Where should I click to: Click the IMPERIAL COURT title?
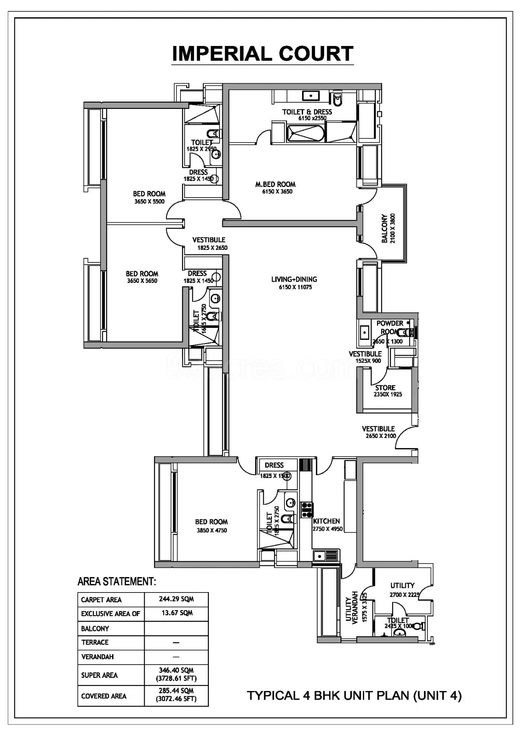pyautogui.click(x=263, y=54)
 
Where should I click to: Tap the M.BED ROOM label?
pyautogui.click(x=275, y=184)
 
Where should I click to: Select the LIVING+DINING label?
pyautogui.click(x=294, y=280)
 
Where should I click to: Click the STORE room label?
pyautogui.click(x=385, y=388)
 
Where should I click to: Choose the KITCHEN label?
pyautogui.click(x=326, y=521)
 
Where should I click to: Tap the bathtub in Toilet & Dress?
pyautogui.click(x=305, y=133)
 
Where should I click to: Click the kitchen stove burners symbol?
pyautogui.click(x=307, y=510)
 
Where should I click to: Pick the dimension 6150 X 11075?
pyautogui.click(x=295, y=287)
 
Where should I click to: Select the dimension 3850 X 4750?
pyautogui.click(x=211, y=531)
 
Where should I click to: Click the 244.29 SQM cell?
pyautogui.click(x=176, y=599)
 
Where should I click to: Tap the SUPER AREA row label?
pyautogui.click(x=99, y=675)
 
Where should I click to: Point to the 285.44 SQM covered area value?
pyautogui.click(x=176, y=691)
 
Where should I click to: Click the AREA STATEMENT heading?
pyautogui.click(x=117, y=582)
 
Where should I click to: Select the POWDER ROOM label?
pyautogui.click(x=390, y=327)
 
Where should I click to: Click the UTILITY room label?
pyautogui.click(x=402, y=585)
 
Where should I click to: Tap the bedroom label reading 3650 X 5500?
pyautogui.click(x=149, y=201)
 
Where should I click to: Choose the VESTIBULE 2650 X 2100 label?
pyautogui.click(x=379, y=432)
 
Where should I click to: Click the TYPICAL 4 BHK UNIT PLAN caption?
pyautogui.click(x=354, y=696)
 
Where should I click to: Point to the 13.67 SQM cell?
pyautogui.click(x=177, y=613)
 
